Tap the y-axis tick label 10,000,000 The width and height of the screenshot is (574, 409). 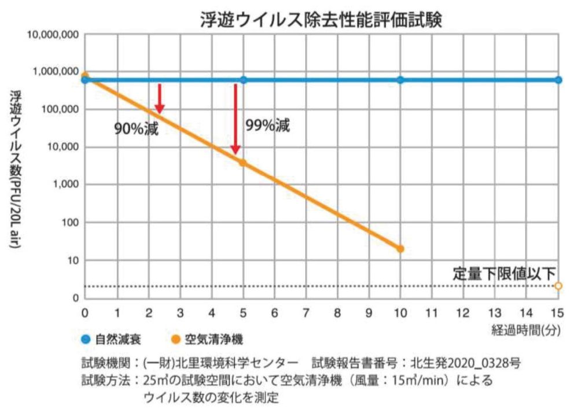[x=53, y=35]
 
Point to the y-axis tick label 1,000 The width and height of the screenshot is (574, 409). [x=65, y=185]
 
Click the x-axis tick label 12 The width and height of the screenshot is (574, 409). [x=463, y=313]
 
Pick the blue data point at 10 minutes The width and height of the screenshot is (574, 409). [x=400, y=80]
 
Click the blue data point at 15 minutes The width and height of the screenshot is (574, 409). [x=558, y=80]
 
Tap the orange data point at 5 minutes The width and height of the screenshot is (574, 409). [x=242, y=163]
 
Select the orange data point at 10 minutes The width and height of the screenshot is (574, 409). [x=400, y=249]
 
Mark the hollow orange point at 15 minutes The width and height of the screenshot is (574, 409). [x=558, y=286]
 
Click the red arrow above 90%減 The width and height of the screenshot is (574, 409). [x=160, y=98]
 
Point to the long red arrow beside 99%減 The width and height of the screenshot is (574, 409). [x=236, y=119]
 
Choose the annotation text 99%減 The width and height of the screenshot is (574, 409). [x=267, y=126]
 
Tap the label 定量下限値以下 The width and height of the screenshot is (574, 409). [x=505, y=273]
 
